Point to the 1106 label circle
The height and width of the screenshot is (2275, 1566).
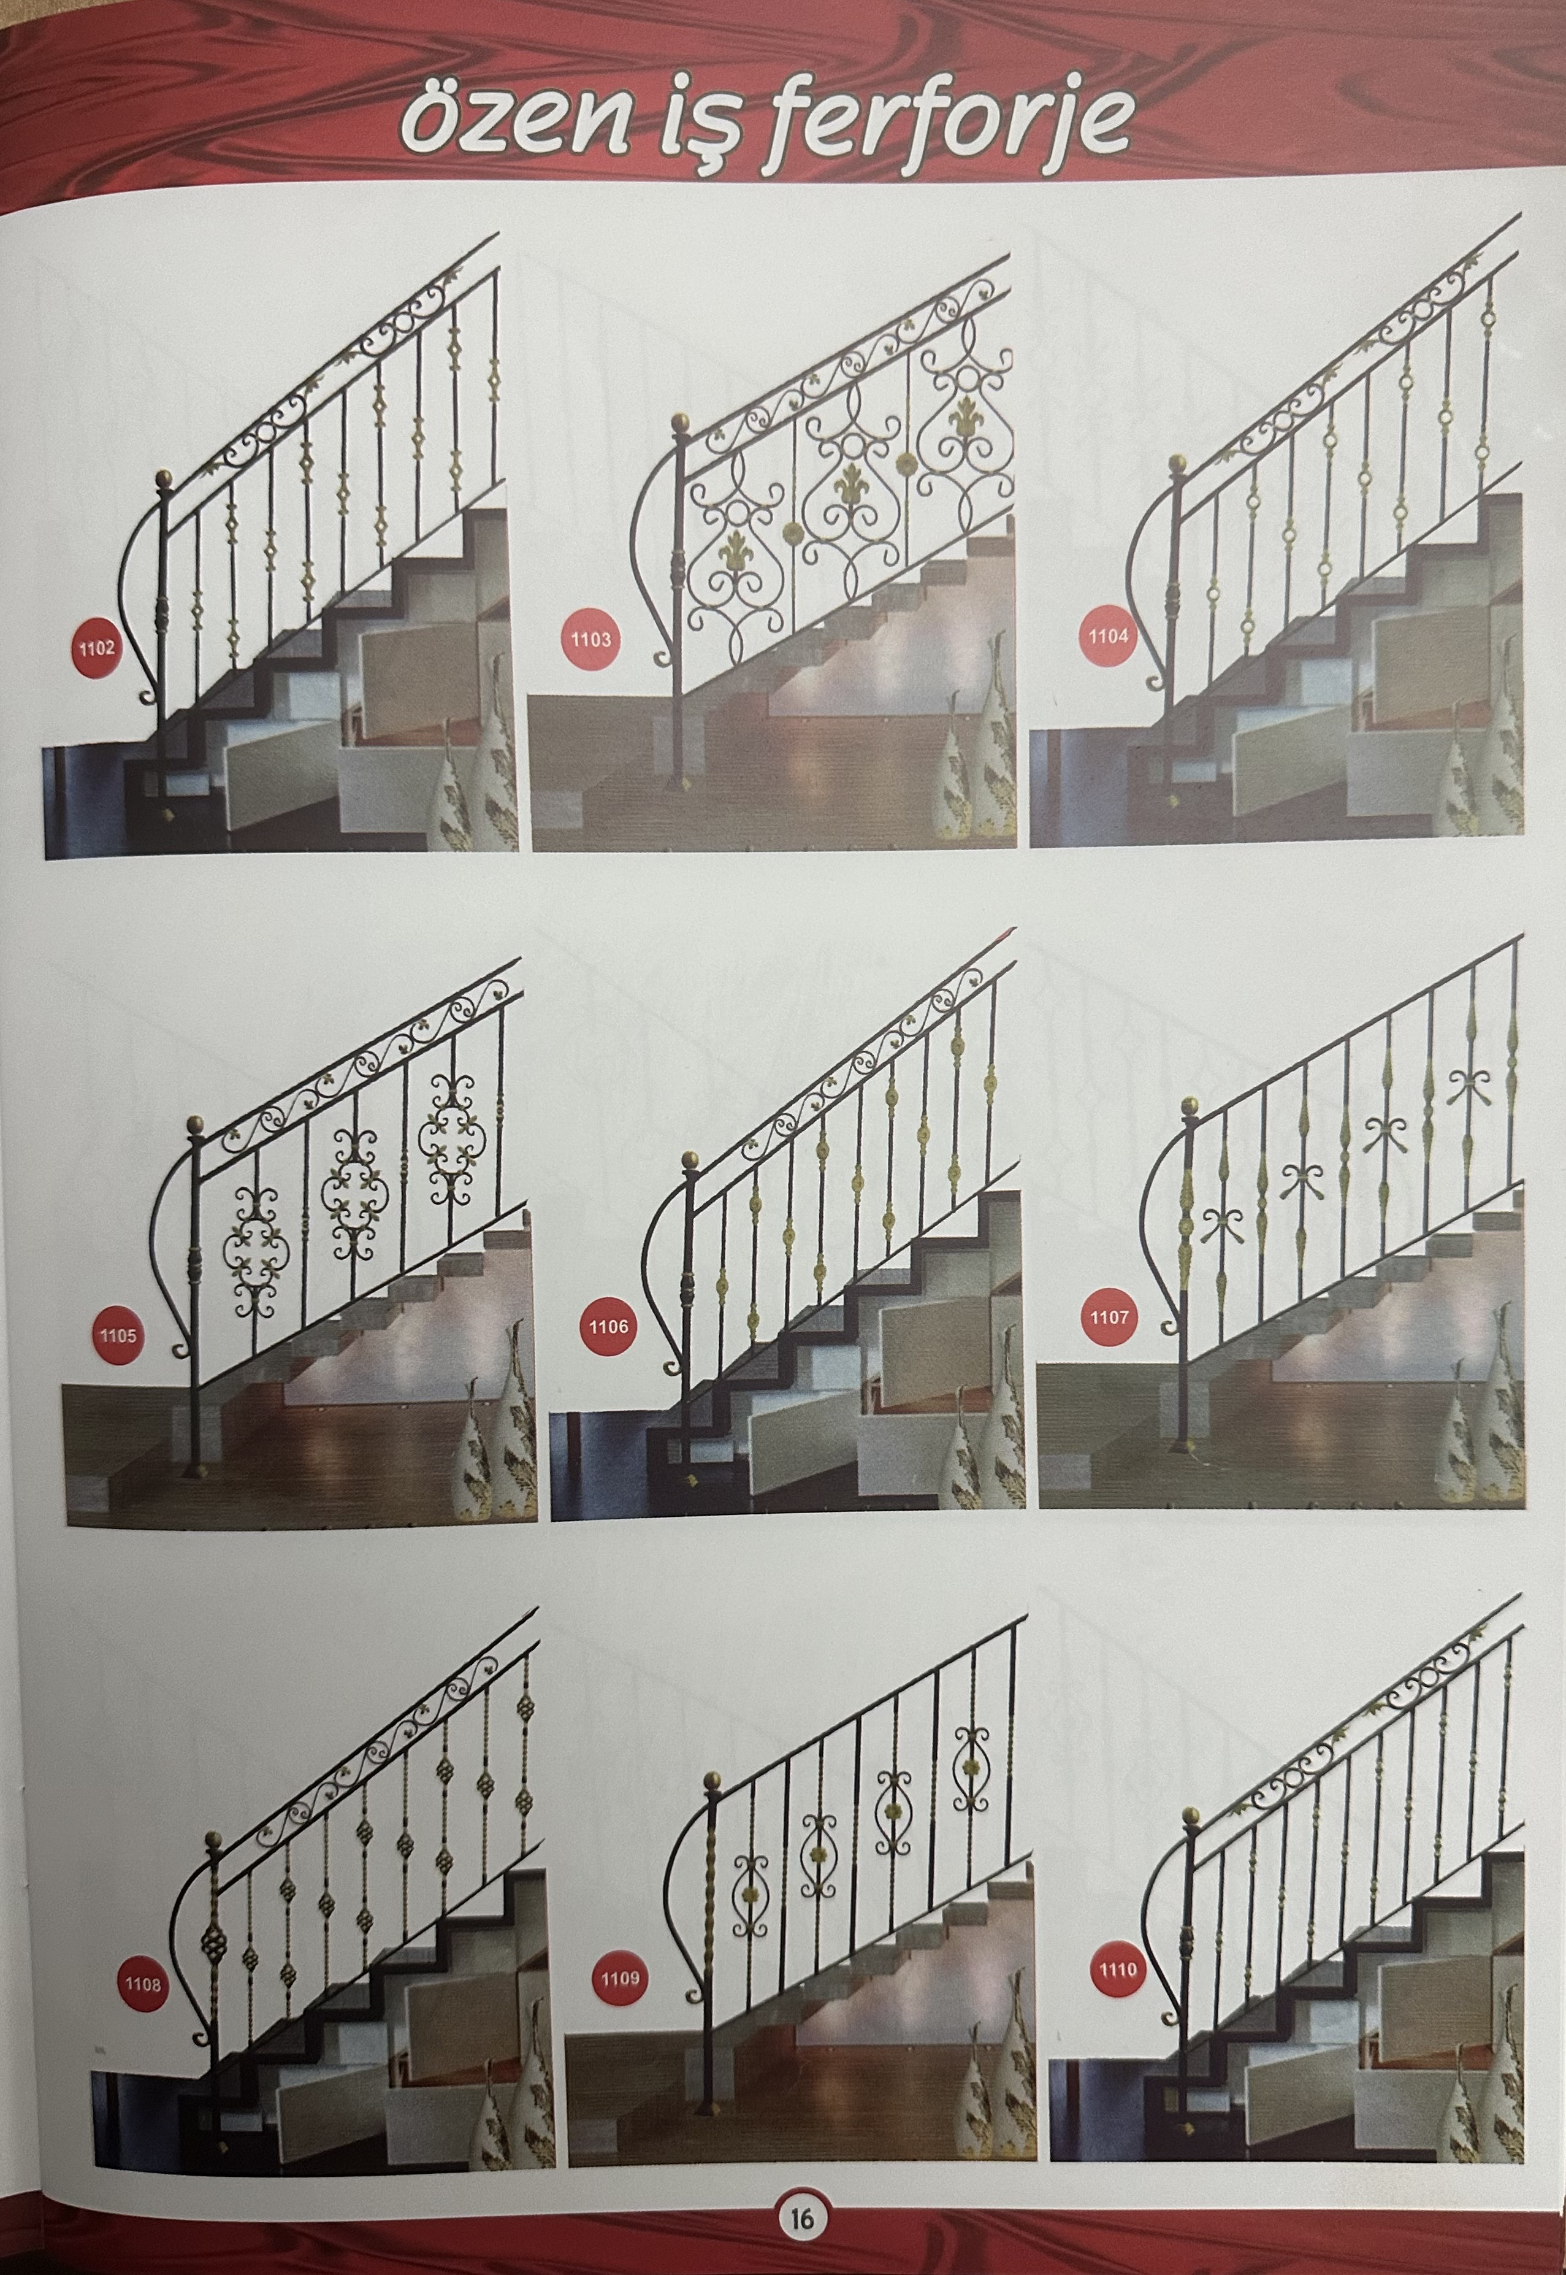(x=608, y=1327)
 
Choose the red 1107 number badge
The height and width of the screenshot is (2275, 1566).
(x=1109, y=1317)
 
